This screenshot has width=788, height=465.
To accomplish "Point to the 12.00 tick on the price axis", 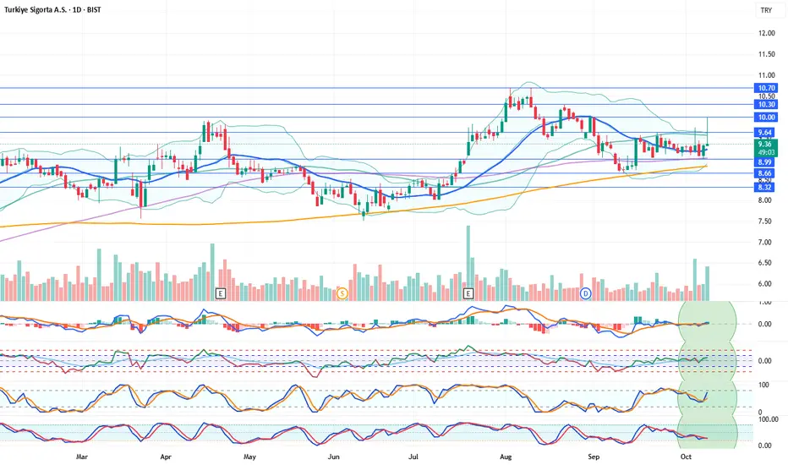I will coord(767,33).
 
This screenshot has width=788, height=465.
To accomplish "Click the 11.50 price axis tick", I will coord(767,54).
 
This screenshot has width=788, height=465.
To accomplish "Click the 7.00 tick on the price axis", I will coord(767,243).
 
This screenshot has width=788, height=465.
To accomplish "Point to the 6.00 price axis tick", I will coord(767,284).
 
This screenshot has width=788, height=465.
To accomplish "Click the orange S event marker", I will coord(342,293).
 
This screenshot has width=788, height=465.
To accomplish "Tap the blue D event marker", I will coord(585,293).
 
